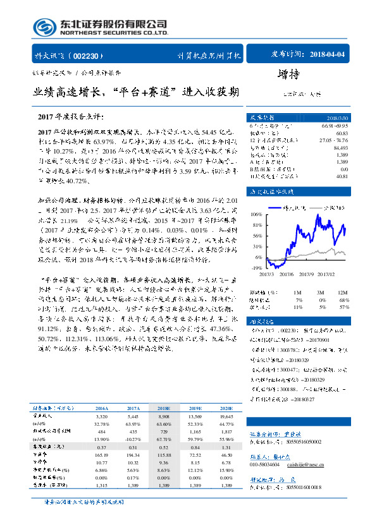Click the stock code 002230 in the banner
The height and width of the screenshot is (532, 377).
94,55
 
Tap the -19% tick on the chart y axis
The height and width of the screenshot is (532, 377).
256,268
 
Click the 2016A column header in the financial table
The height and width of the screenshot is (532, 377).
102,408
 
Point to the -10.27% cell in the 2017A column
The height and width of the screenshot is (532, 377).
133,438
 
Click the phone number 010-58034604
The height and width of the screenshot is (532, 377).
268,464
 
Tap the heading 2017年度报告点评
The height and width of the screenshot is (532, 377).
70,117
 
